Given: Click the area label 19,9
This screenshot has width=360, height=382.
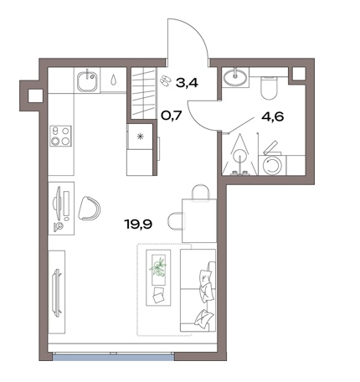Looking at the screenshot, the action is (x=139, y=224).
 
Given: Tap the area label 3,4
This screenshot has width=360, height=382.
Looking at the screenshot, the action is (x=187, y=83).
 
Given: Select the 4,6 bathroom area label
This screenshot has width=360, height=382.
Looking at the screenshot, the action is (x=273, y=116).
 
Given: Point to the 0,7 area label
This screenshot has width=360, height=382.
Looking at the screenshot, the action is (x=172, y=115).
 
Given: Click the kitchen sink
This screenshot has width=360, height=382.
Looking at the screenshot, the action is (x=87, y=81).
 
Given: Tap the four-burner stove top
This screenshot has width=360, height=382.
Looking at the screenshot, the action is (x=60, y=136).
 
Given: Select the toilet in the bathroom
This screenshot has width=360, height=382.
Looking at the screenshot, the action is (x=269, y=87).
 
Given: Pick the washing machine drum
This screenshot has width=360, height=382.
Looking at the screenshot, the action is (x=272, y=165).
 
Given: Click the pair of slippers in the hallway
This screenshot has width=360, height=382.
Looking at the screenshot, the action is (x=166, y=80).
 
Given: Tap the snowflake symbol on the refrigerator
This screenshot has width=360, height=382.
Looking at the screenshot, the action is (x=140, y=136).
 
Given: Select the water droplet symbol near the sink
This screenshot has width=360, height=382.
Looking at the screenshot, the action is (x=113, y=80).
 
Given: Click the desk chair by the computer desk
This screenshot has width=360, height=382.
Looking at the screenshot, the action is (x=90, y=208).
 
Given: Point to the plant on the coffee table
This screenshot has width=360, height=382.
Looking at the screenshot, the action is (x=158, y=267).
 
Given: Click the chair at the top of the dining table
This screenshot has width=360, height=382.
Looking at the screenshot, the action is (x=200, y=193).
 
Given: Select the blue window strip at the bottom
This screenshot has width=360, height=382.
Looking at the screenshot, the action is (x=113, y=356).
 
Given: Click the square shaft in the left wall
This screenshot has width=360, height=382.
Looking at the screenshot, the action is (x=35, y=95).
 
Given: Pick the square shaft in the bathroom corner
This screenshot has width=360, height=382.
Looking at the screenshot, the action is (x=299, y=74).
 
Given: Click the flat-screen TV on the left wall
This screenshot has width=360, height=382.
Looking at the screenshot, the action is (x=57, y=292).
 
